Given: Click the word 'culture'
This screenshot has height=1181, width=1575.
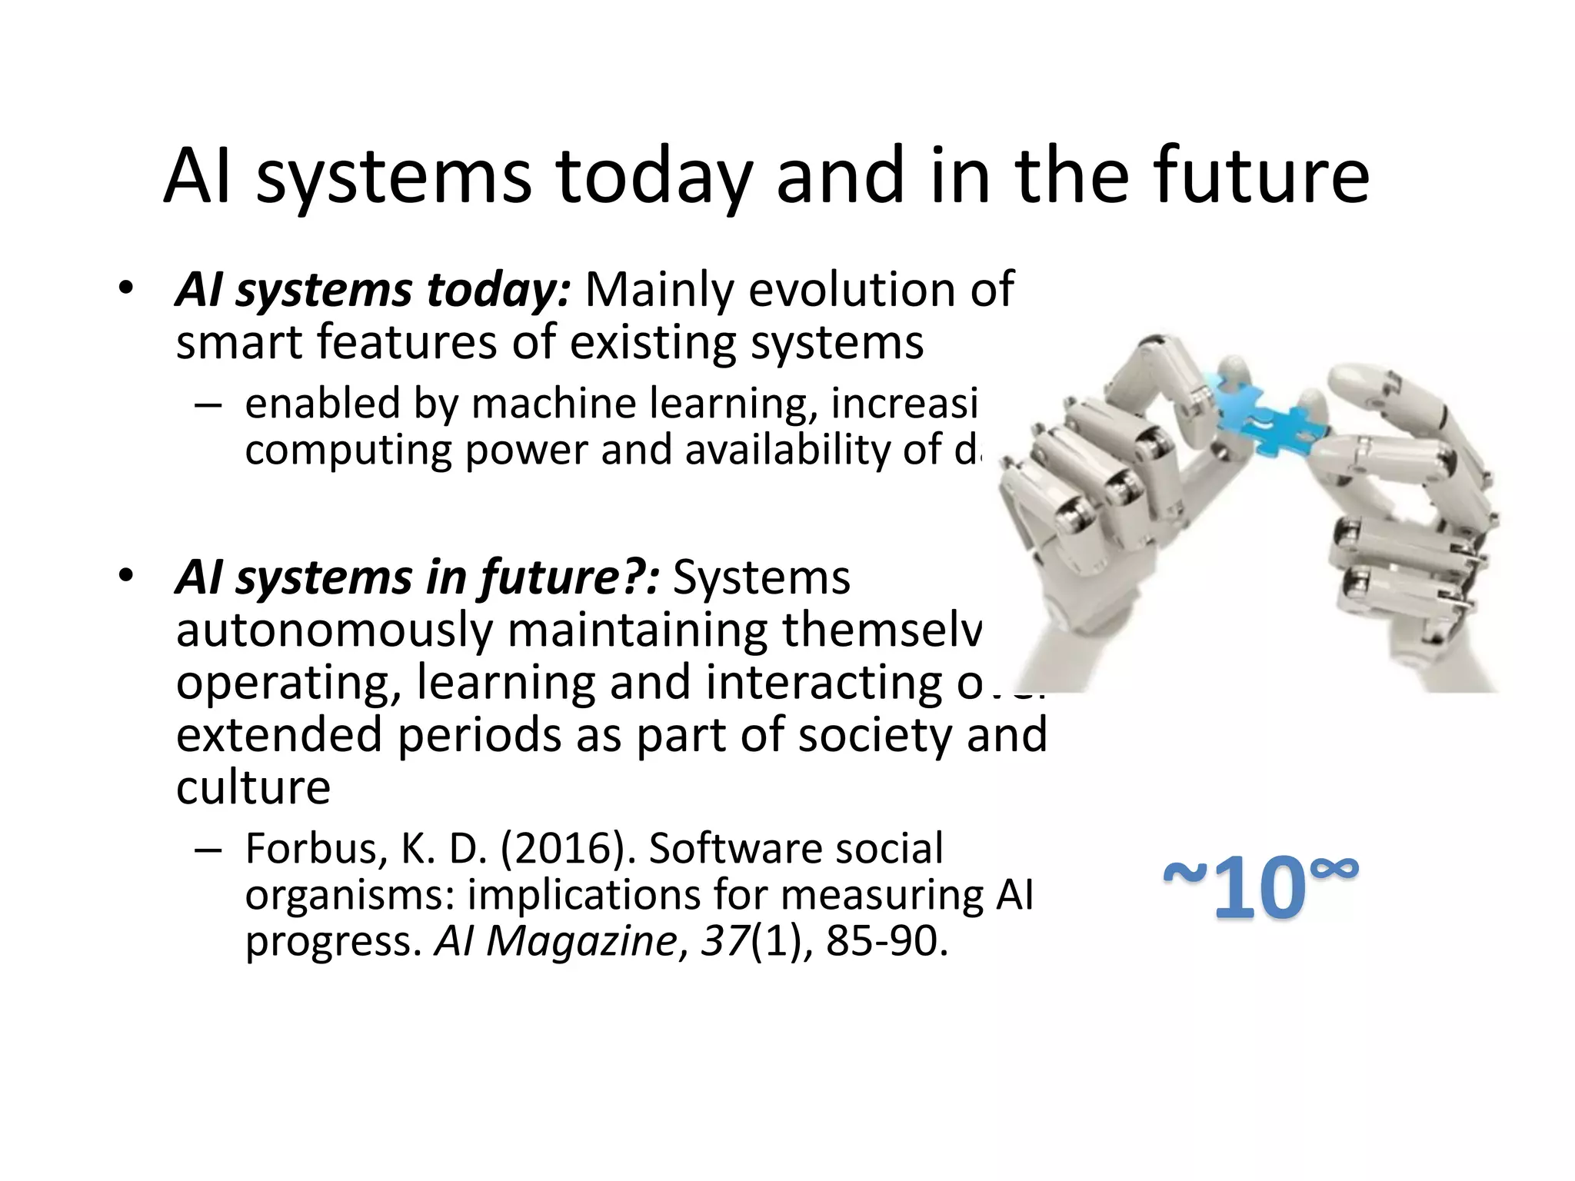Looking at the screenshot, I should coord(253,787).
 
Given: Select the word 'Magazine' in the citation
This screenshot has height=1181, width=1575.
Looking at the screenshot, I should coord(581,941).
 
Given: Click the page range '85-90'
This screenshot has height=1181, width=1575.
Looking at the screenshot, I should coord(886,941).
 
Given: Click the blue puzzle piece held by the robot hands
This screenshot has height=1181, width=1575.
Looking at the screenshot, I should coord(1269,419).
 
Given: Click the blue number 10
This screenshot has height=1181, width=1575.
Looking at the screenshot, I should coord(1259,890).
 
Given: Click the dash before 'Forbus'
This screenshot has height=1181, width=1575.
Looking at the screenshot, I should coord(208,850).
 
